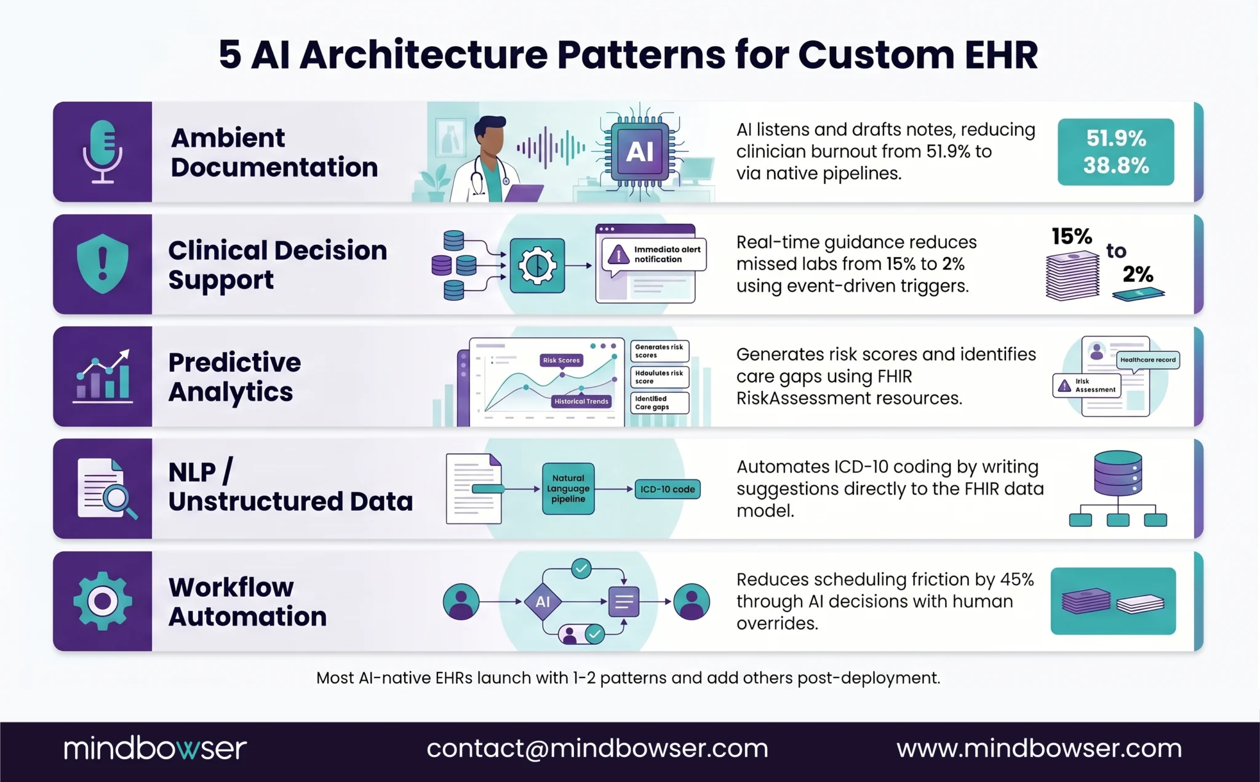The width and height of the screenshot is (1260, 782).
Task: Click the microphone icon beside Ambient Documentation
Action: tap(103, 151)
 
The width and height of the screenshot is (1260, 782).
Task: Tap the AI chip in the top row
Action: tap(639, 151)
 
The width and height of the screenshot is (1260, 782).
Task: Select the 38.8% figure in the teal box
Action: tap(1115, 166)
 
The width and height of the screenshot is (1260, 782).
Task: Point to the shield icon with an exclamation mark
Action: tap(103, 263)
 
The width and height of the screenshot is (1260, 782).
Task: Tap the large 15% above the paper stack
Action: tap(1071, 236)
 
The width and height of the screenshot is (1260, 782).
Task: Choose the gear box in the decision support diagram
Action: tap(537, 265)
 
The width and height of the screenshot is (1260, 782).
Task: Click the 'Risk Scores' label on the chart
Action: tap(561, 360)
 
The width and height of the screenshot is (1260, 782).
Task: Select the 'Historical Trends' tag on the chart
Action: tap(581, 401)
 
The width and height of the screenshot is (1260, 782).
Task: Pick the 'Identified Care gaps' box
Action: tap(659, 403)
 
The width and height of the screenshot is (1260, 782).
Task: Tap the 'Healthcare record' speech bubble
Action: tap(1147, 360)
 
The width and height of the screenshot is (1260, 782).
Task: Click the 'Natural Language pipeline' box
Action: tap(568, 489)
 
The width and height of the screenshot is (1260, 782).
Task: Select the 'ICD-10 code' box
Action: tap(667, 489)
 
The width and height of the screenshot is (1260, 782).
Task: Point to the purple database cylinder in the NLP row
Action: tap(1118, 473)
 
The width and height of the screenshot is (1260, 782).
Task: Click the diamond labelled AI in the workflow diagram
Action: tap(543, 601)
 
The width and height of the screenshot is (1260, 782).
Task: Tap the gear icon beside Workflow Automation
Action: tap(103, 601)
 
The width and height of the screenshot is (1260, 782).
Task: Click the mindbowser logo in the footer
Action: tap(155, 748)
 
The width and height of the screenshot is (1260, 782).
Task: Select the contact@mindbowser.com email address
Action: tap(597, 748)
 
